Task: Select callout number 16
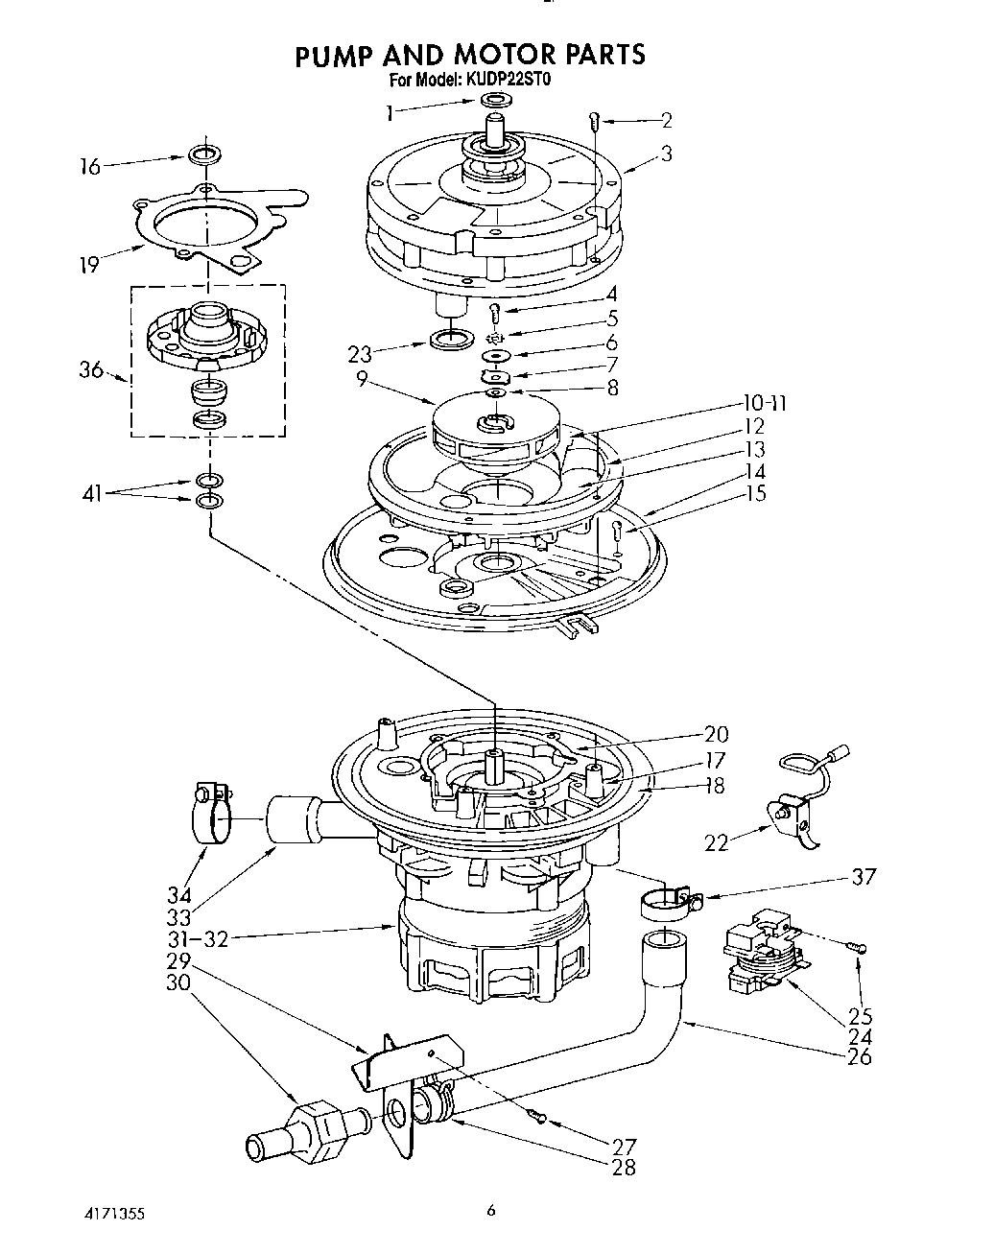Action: point(89,168)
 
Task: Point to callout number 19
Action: point(89,266)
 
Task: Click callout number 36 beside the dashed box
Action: point(91,368)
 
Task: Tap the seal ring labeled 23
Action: point(450,339)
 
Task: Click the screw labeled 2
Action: point(595,122)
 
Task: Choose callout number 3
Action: point(666,154)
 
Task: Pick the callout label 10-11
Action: point(763,403)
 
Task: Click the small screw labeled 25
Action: point(858,948)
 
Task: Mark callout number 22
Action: point(717,842)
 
